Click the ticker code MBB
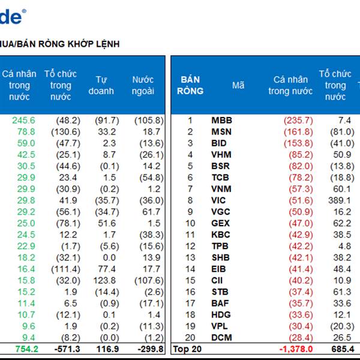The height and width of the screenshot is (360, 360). (221, 121)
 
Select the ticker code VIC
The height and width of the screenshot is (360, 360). (220, 200)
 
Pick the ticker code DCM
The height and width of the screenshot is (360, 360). (221, 338)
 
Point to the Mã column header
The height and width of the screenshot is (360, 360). (238, 85)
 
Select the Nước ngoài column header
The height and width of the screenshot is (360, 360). (143, 85)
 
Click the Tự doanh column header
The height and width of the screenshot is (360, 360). (106, 85)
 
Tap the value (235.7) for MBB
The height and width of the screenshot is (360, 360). (298, 121)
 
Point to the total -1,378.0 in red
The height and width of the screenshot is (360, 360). (295, 349)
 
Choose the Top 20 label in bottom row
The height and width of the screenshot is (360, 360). (186, 349)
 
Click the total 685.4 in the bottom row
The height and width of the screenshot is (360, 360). (342, 349)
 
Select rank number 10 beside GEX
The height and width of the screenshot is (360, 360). (190, 223)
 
